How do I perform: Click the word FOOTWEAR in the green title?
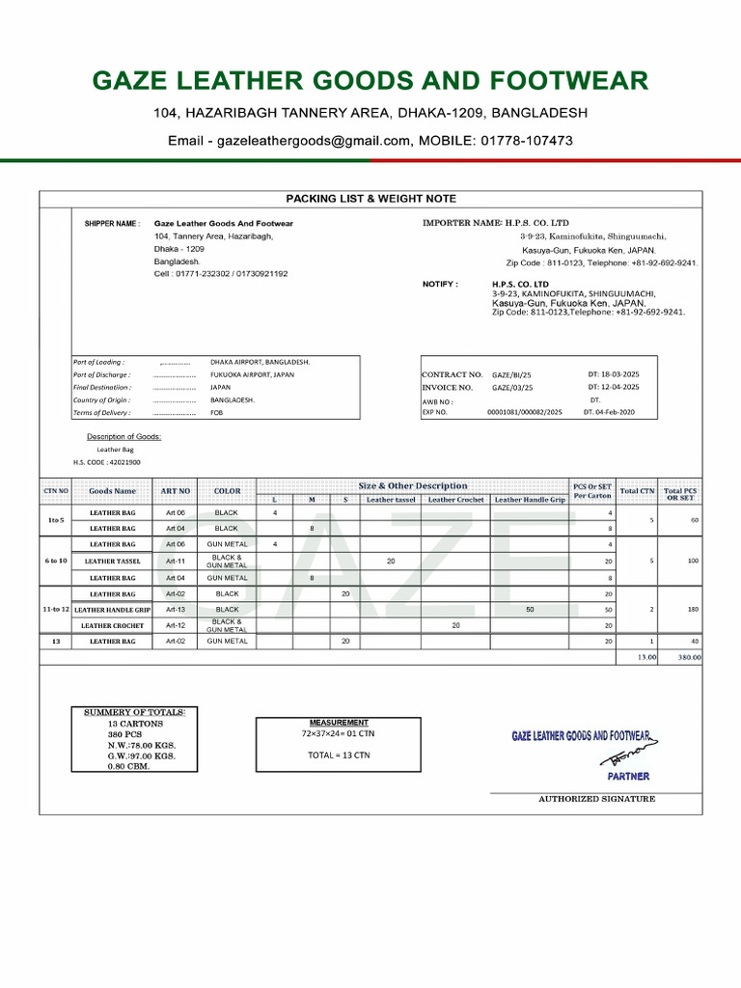pos(571,81)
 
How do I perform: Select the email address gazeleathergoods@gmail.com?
pos(316,141)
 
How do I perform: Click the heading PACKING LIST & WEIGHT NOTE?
pos(370,199)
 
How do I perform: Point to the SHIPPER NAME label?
pos(112,223)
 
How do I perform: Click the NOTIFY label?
pos(440,285)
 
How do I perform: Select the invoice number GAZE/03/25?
pos(512,387)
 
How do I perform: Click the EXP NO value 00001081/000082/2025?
pos(524,412)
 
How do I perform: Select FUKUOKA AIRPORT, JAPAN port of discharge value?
pos(252,374)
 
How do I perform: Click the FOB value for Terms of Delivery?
pos(216,412)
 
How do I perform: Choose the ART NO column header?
pos(176,491)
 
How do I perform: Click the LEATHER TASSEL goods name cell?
pos(113,561)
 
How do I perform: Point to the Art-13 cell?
pos(176,610)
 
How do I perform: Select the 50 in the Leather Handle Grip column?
pos(530,610)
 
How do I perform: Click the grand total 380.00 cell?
pos(689,657)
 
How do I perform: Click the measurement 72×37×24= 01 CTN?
pos(338,734)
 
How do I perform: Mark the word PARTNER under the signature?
pos(628,776)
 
